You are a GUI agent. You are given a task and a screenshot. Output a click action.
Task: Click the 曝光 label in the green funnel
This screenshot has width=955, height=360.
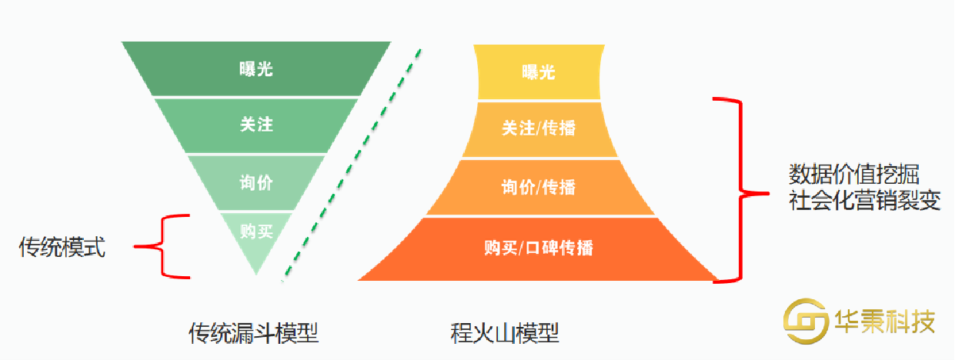click(x=255, y=69)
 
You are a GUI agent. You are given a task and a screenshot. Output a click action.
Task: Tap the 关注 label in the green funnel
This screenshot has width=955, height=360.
click(x=255, y=125)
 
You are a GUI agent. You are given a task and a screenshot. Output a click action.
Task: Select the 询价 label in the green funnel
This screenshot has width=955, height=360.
click(x=255, y=183)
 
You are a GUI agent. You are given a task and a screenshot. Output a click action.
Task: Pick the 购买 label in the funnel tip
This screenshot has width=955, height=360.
click(x=255, y=230)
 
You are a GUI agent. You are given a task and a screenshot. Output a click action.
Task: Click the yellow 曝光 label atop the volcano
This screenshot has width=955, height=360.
click(x=538, y=73)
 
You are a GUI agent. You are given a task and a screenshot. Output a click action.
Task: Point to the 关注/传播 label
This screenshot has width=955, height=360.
click(x=538, y=128)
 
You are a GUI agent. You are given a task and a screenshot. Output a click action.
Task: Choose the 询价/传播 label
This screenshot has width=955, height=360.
click(x=538, y=187)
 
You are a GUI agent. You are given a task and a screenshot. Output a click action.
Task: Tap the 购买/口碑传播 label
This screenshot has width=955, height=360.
click(x=538, y=248)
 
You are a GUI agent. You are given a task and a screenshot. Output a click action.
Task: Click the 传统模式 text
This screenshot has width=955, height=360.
click(x=62, y=248)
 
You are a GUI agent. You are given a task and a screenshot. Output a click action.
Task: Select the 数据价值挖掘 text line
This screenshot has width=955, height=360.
click(x=853, y=172)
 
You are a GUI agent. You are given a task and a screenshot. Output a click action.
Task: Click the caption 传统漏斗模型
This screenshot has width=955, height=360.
click(x=254, y=332)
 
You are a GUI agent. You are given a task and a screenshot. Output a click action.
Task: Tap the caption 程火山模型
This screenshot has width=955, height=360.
click(x=505, y=332)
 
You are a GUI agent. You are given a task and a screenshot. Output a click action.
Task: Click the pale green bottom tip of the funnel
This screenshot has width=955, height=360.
click(x=256, y=258)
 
